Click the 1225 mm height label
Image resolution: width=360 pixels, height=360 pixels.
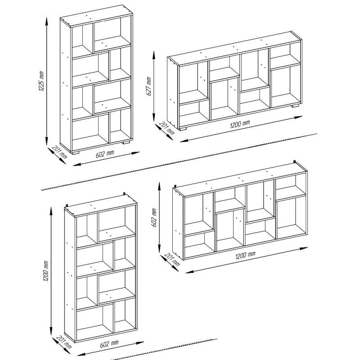tap(41, 81)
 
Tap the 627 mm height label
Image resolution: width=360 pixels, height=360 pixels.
tap(148, 86)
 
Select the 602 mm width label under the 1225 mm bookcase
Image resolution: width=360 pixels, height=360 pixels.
tap(105, 154)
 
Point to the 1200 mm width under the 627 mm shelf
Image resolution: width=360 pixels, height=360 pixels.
tap(240, 124)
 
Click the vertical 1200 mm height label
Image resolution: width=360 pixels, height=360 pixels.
tap(46, 271)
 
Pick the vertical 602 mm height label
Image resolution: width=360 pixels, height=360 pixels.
tap(154, 218)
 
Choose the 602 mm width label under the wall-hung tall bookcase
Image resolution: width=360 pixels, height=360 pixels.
tap(109, 344)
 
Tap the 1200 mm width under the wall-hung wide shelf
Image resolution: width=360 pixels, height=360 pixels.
tap(245, 255)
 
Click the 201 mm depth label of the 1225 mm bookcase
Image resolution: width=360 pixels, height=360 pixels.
tap(59, 152)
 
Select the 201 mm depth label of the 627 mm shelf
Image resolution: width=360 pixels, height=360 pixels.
tap(166, 128)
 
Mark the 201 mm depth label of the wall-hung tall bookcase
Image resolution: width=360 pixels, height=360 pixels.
tap(63, 342)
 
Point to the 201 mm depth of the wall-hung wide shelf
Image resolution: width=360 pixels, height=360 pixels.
tap(172, 259)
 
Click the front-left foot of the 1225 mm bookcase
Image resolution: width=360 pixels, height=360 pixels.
tap(75, 152)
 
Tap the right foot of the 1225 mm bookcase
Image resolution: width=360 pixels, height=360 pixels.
tap(126, 142)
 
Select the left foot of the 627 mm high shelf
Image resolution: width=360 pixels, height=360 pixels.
tap(183, 129)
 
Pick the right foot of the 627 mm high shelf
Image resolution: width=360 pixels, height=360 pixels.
tap(295, 106)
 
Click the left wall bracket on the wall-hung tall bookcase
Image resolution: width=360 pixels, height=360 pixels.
tap(67, 205)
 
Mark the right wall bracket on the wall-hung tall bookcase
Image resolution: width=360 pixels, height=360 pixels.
tap(125, 194)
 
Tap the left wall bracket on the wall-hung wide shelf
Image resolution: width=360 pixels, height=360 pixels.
tap(175, 186)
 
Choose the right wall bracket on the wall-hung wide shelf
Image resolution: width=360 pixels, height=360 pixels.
tap(295, 162)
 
